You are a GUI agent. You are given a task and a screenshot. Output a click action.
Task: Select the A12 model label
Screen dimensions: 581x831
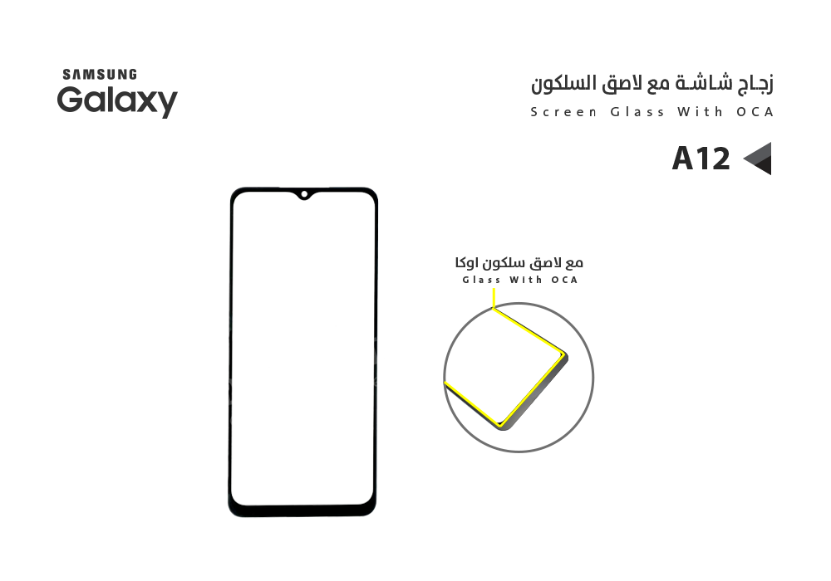coord(701,159)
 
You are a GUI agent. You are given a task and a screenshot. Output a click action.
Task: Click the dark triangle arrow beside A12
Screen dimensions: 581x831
coord(759,159)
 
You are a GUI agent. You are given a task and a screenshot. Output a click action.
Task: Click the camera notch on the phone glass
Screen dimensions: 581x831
coord(304,196)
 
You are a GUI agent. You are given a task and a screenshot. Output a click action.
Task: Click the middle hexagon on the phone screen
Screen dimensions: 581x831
coord(287,360)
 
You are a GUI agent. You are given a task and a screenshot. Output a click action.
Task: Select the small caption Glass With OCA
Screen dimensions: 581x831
coord(519,281)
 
